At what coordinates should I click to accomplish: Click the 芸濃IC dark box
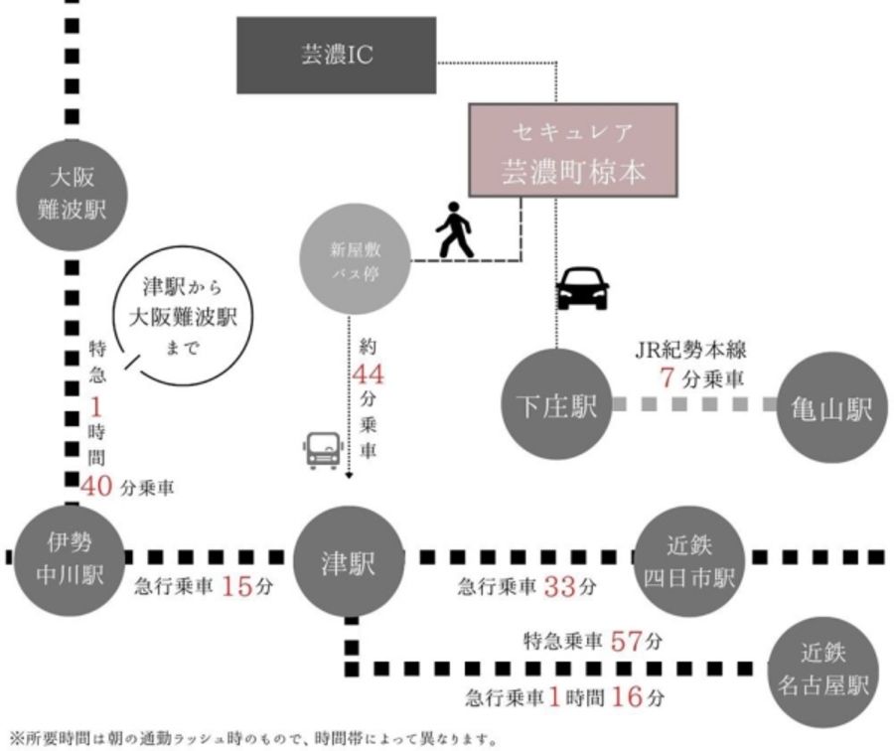point(337,55)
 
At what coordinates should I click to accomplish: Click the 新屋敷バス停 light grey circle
point(355,259)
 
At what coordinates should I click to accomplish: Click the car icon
point(582,289)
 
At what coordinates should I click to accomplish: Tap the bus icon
point(324,450)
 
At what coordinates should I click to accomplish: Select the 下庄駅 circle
point(555,404)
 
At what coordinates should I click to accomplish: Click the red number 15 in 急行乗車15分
point(238,585)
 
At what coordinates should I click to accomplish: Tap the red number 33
point(561,586)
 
